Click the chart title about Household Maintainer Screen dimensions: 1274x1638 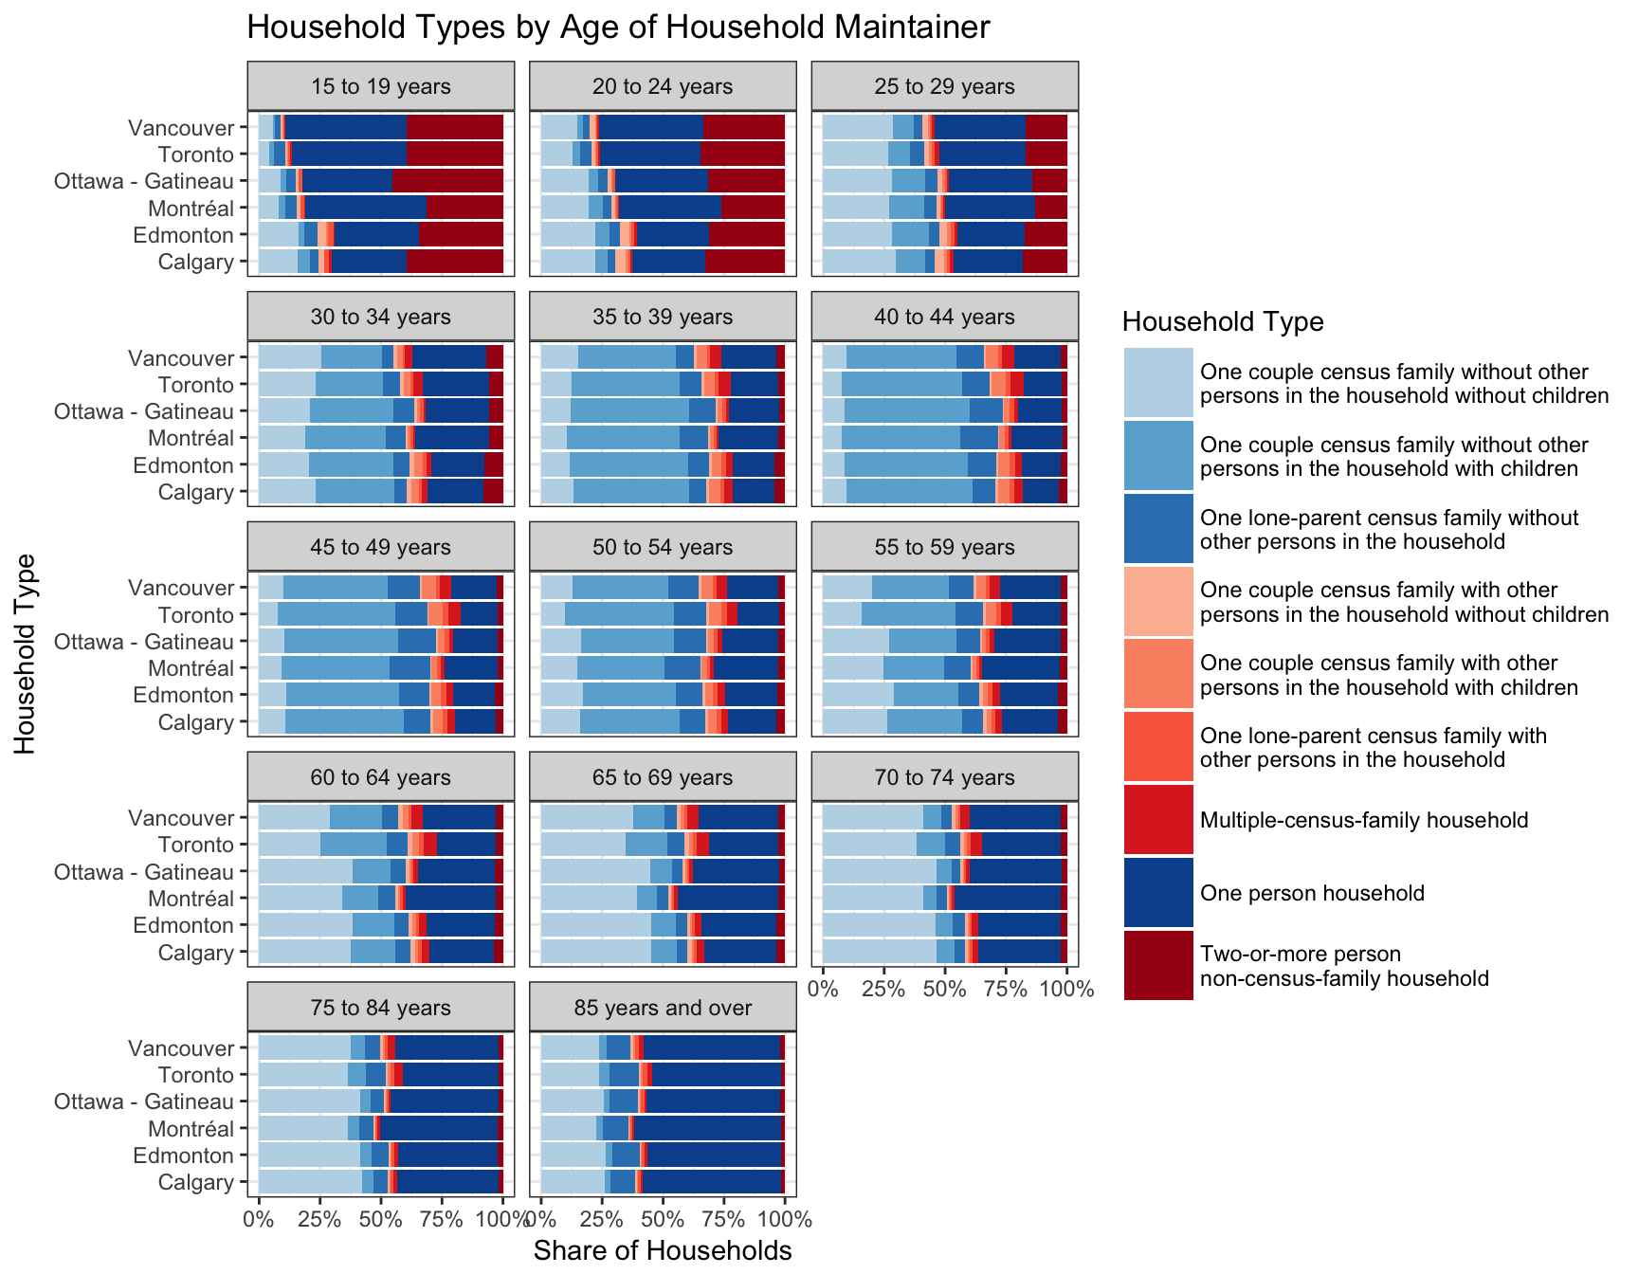(618, 27)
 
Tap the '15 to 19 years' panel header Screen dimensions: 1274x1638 (380, 87)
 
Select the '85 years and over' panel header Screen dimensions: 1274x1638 (663, 1009)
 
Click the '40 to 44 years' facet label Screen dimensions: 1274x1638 (944, 318)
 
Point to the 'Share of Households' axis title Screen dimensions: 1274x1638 (663, 1251)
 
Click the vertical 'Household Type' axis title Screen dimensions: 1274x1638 (26, 654)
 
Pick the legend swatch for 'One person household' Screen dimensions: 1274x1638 (1158, 893)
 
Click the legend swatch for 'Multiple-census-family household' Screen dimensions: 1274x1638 (1158, 820)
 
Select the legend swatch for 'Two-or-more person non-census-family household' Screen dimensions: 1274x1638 (1158, 966)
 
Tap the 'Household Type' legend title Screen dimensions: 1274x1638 (1223, 322)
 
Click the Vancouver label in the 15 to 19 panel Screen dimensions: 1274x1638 (181, 128)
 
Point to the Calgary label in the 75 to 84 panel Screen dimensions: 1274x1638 (195, 1182)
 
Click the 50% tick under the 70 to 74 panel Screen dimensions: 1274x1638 (944, 990)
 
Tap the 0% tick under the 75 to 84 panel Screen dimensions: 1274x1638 (259, 1220)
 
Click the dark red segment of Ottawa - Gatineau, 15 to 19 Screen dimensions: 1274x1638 (447, 181)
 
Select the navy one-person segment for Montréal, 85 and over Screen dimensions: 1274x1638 (707, 1128)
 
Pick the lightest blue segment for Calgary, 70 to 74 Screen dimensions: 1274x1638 (879, 952)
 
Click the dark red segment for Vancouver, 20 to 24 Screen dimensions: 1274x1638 (743, 128)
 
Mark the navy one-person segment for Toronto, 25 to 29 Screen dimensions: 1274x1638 (982, 155)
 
